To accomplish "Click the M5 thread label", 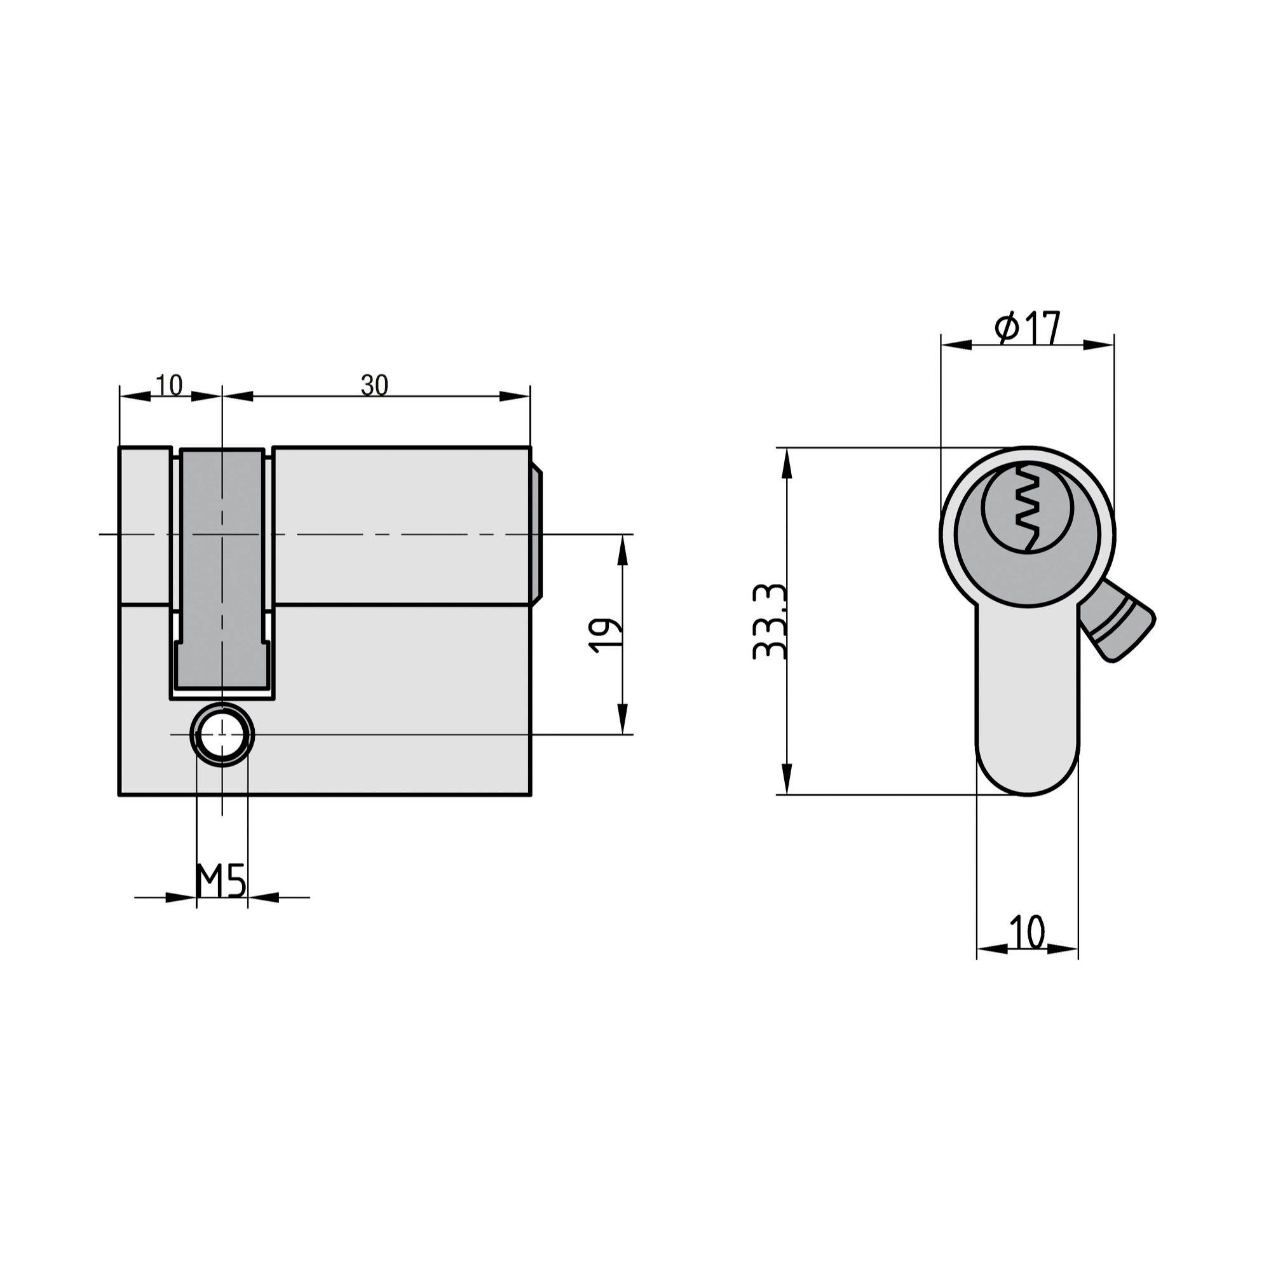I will (221, 881).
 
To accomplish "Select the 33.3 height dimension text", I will (769, 621).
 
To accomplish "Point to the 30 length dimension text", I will (374, 385).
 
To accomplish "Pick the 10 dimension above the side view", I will (170, 385).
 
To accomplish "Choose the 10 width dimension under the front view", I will (1027, 932).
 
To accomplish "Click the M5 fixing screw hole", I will (222, 735).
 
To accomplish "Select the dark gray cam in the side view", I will (222, 566).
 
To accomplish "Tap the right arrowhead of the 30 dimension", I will (515, 396).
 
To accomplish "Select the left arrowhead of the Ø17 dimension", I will (956, 344).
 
